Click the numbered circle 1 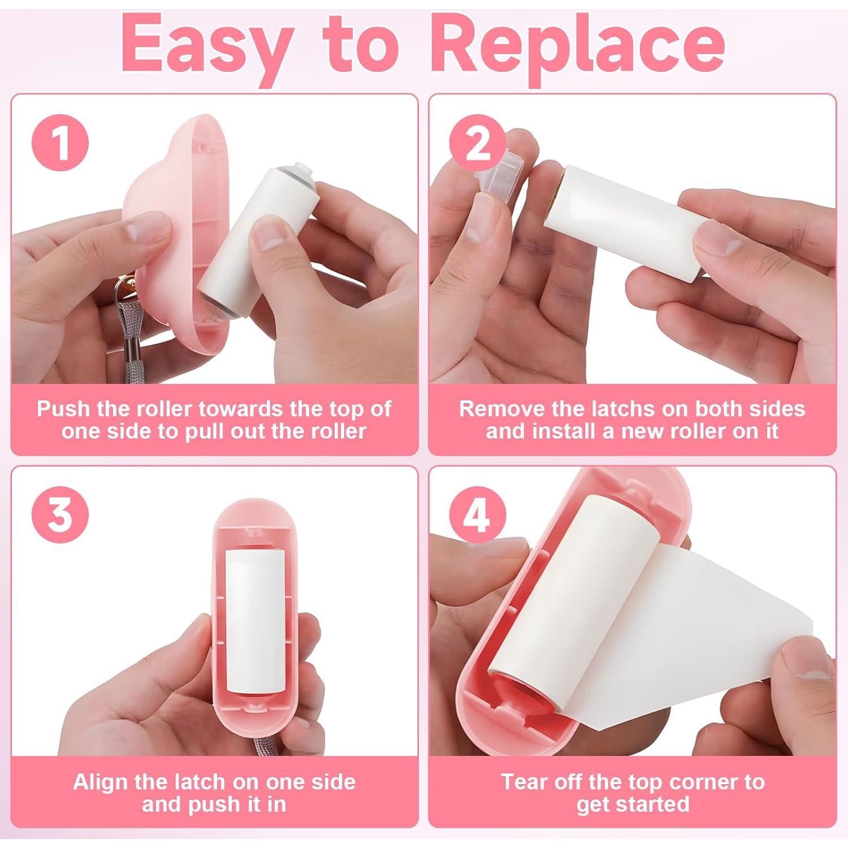coord(60,144)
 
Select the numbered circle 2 coord(478,144)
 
